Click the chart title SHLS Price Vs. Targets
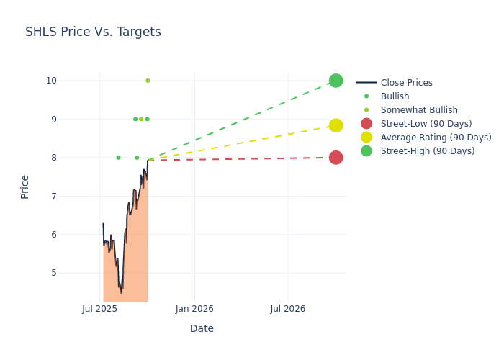(x=93, y=32)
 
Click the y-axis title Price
(x=25, y=186)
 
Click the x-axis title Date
(x=202, y=329)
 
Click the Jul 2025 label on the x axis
(x=99, y=309)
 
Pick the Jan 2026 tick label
(x=194, y=309)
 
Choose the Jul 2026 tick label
(x=287, y=309)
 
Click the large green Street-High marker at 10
(x=336, y=81)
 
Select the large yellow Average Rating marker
(x=336, y=125)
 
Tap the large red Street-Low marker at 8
(x=336, y=158)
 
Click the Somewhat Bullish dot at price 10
(x=148, y=81)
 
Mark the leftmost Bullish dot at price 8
(x=118, y=158)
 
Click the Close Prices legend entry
(x=406, y=83)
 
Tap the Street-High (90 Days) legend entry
(x=428, y=151)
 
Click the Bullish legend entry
(x=395, y=96)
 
